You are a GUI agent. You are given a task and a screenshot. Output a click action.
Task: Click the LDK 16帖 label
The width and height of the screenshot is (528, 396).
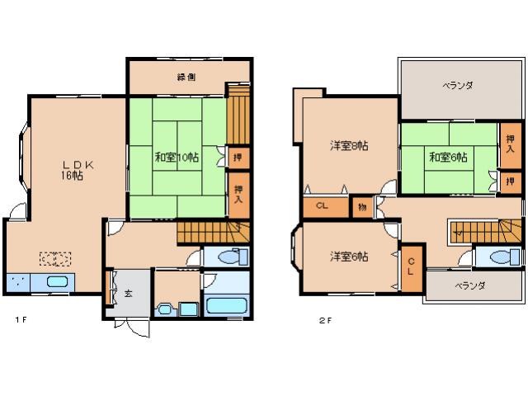tap(75, 171)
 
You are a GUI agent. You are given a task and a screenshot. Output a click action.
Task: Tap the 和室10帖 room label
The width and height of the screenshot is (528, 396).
tap(177, 157)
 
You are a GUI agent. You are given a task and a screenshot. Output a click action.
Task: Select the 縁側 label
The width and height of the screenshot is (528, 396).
tap(186, 77)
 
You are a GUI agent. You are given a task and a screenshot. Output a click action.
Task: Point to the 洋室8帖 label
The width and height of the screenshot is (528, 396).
tap(349, 146)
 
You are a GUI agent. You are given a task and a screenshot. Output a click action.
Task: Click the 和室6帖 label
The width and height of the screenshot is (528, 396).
tap(448, 157)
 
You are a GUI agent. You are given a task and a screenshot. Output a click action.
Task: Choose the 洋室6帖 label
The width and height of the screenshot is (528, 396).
tap(349, 257)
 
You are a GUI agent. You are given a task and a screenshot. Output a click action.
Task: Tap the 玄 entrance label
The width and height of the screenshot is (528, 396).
tap(128, 293)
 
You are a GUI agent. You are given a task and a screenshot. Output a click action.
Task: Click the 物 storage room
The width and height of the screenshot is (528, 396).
tap(362, 207)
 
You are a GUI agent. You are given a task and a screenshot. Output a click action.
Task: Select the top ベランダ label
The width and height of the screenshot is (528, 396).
tap(458, 85)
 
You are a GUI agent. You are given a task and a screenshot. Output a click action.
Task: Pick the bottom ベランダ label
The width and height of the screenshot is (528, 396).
tap(470, 286)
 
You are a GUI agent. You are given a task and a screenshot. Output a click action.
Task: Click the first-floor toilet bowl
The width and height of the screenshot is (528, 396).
tap(229, 257)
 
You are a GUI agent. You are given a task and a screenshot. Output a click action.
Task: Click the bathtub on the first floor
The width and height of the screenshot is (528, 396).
tap(227, 305)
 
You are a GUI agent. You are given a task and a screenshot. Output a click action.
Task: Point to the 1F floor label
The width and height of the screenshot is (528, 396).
tap(21, 320)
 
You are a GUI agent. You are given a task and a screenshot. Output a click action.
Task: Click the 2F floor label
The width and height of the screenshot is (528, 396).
tap(325, 321)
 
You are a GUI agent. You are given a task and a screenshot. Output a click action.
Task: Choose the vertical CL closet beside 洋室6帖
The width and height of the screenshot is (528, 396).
tap(411, 268)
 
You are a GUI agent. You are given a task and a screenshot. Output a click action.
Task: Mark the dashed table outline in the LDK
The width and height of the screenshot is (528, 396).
tap(55, 258)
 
